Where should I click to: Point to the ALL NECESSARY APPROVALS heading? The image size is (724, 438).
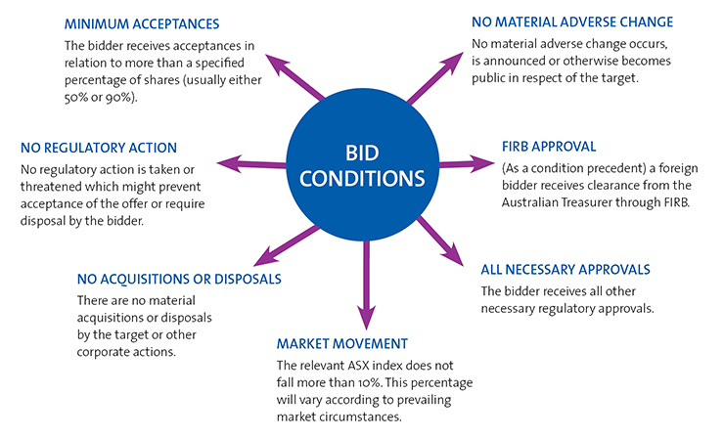pyautogui.click(x=566, y=270)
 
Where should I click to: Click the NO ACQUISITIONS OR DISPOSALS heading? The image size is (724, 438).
pyautogui.click(x=179, y=279)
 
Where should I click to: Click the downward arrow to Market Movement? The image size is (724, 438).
pyautogui.click(x=365, y=293)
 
